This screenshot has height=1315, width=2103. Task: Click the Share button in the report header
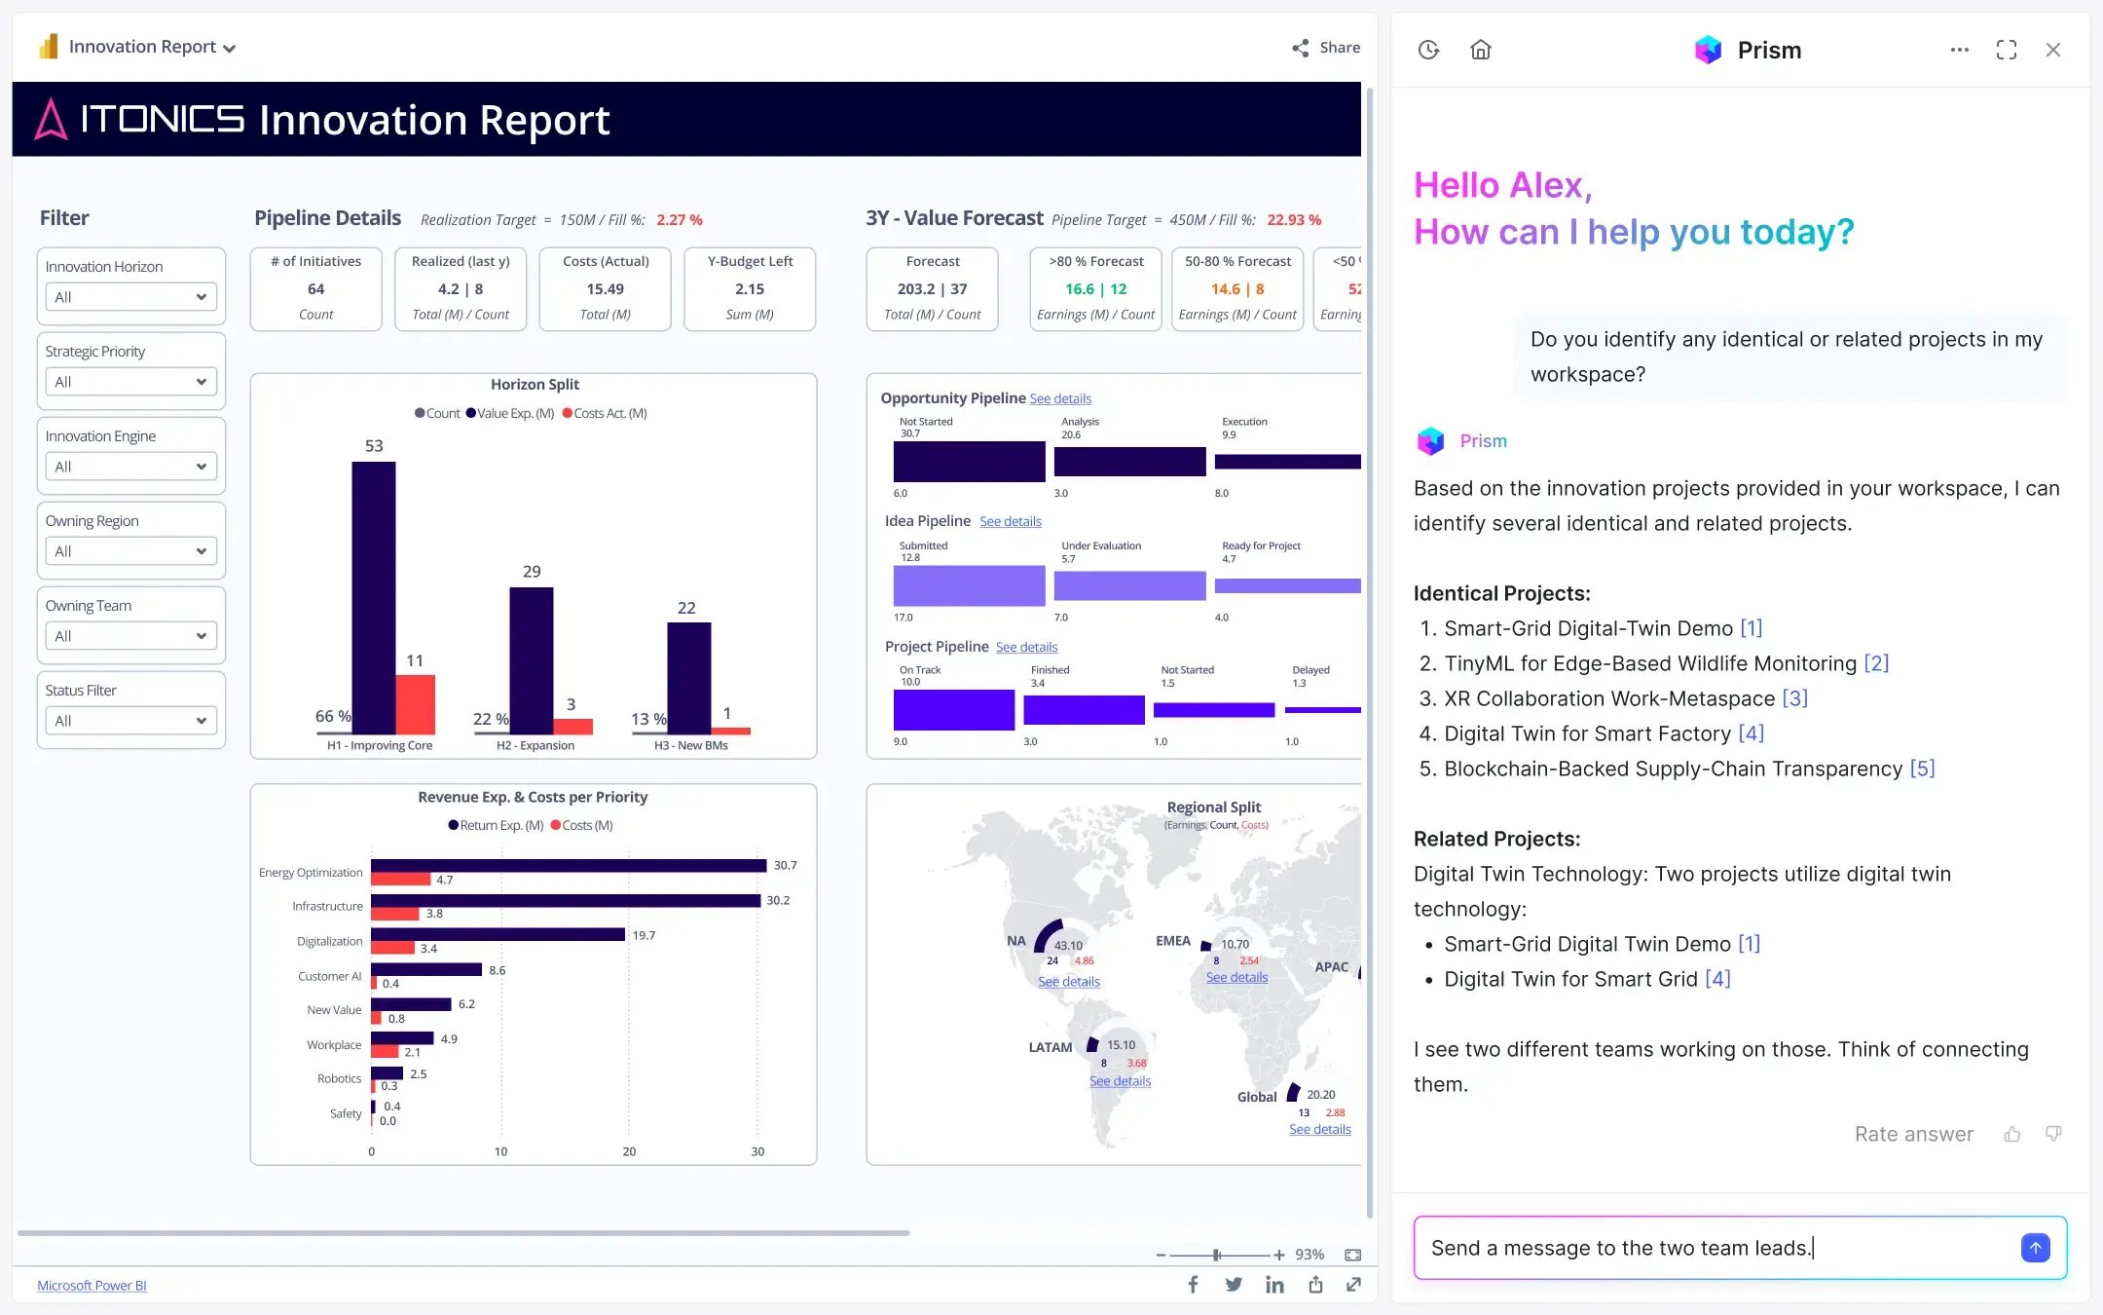coord(1326,48)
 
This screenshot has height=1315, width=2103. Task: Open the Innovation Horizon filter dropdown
coord(130,297)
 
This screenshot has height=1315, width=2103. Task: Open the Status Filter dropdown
coord(130,721)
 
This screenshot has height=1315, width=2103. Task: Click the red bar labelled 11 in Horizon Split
coord(415,703)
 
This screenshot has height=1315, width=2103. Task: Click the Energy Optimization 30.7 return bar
coord(568,865)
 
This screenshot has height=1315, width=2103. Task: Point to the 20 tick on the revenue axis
coord(629,1151)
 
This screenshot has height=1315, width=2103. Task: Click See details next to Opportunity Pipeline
coord(1060,398)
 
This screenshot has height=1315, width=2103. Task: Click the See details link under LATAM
coord(1120,1081)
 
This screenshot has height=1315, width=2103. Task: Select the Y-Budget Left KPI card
coord(750,288)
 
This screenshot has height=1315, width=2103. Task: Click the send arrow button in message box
coord(2035,1248)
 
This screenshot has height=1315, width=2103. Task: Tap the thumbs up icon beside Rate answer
coord(2012,1134)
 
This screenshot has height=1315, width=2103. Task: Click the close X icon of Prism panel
coord(2053,50)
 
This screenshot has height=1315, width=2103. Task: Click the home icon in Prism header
coord(1480,50)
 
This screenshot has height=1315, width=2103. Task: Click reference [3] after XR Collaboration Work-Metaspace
coord(1794,698)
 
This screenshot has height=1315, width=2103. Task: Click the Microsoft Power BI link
coord(92,1286)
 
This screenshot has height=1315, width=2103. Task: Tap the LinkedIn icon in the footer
coord(1274,1285)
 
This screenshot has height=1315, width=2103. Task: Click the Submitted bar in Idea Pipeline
coord(969,585)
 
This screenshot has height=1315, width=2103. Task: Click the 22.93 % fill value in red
coord(1294,220)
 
